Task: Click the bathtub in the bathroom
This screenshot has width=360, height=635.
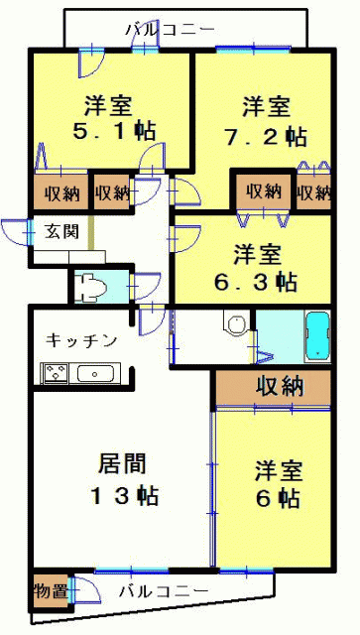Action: click(318, 337)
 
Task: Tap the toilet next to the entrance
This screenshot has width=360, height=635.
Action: click(93, 288)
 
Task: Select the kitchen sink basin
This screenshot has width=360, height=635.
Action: click(95, 373)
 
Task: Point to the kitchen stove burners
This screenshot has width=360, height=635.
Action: click(56, 373)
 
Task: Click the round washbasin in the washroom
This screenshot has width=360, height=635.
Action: click(236, 324)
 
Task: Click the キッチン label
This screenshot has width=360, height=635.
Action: click(81, 340)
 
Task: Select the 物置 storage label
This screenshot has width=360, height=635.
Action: click(51, 592)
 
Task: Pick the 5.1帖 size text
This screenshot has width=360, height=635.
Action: click(114, 131)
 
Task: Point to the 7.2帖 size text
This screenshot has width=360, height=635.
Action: click(265, 137)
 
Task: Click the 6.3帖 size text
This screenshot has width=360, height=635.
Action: click(255, 282)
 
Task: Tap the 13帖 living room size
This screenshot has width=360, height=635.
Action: click(124, 495)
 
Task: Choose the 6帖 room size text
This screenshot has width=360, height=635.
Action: click(278, 498)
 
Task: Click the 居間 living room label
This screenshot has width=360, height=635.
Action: click(122, 463)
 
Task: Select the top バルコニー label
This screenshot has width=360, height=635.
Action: click(170, 30)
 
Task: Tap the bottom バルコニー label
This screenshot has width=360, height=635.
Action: click(164, 591)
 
